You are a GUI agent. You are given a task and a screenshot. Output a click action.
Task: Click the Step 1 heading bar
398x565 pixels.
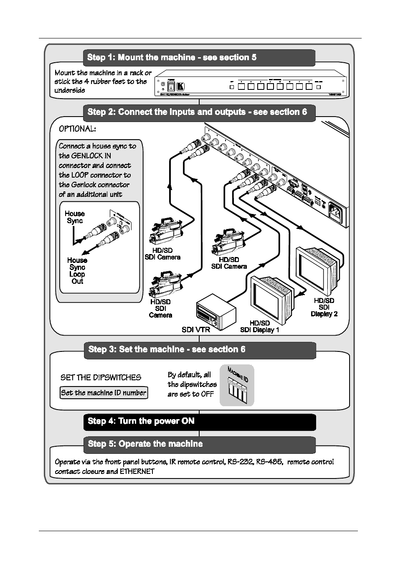(199, 58)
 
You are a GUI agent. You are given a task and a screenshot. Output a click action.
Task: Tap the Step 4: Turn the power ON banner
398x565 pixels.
(199, 422)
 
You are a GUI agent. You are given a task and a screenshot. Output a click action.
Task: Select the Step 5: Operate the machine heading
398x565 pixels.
(199, 444)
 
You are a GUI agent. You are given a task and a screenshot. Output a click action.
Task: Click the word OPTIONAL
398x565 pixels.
(77, 129)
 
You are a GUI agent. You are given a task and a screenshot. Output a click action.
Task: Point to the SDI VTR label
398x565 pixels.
(195, 330)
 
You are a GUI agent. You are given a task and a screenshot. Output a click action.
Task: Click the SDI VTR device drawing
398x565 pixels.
(216, 311)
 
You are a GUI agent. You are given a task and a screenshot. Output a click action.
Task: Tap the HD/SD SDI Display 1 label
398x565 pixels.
(259, 326)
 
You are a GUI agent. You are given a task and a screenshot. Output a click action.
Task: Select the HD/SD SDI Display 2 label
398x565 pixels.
(324, 307)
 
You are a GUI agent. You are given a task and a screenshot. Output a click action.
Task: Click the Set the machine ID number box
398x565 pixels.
(104, 393)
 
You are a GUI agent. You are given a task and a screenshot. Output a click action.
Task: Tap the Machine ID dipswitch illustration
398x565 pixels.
(237, 386)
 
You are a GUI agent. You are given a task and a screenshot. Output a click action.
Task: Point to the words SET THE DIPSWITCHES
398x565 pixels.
(101, 377)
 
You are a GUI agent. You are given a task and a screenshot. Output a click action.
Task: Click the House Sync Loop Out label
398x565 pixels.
(77, 271)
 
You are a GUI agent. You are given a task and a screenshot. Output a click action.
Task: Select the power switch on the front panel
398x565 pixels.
(170, 87)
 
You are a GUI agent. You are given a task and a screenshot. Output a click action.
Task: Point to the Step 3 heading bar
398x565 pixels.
(200, 350)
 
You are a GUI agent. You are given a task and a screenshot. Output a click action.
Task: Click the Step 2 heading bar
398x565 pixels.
(199, 112)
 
